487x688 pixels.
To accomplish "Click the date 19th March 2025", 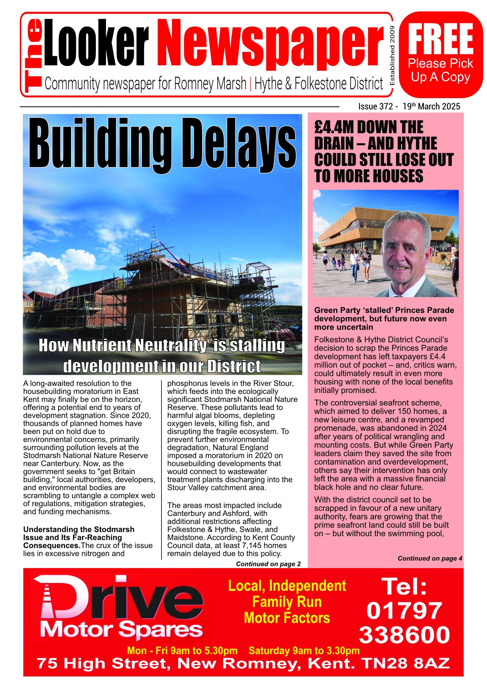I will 431,106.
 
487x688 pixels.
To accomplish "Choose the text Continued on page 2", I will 268,564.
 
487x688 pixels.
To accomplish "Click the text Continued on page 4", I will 430,558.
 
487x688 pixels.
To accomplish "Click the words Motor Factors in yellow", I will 287,618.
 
